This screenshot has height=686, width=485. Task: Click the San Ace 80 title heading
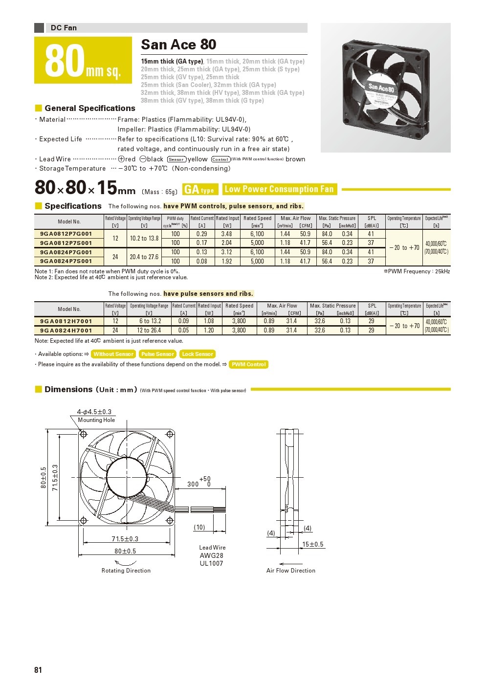click(178, 44)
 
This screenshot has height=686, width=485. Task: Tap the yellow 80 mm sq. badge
click(83, 60)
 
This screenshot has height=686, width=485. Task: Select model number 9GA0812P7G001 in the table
click(66, 234)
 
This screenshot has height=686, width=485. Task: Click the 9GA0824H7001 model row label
click(66, 331)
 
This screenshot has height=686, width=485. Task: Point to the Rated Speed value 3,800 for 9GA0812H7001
click(239, 321)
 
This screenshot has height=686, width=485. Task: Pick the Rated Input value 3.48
click(226, 234)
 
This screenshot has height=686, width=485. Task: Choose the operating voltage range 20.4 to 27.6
click(144, 257)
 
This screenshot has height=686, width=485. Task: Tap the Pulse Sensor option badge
click(157, 354)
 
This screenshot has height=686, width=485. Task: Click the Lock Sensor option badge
click(198, 354)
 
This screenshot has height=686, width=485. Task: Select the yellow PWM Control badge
click(248, 364)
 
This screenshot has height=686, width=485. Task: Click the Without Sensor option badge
click(113, 354)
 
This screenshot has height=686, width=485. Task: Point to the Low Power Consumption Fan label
click(279, 189)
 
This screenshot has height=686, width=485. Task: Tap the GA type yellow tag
click(199, 190)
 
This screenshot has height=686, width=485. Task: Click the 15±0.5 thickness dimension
click(312, 544)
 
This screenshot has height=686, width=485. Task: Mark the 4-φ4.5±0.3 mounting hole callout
click(94, 412)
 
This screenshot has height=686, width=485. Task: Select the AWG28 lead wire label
click(211, 555)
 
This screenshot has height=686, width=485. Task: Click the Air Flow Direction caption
click(291, 571)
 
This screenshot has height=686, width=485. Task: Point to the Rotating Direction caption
click(126, 571)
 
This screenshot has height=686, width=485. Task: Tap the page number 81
click(38, 670)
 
